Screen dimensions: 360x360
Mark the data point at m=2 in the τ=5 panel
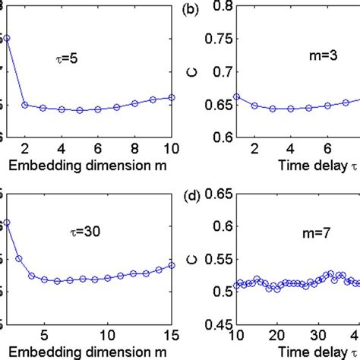pos(25,105)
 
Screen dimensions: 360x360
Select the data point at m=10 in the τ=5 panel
pos(172,97)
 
